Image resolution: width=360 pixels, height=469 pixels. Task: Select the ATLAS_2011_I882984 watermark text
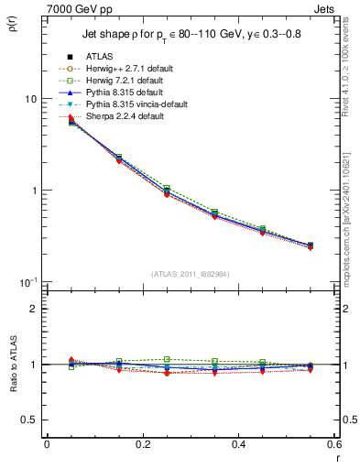click(191, 273)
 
